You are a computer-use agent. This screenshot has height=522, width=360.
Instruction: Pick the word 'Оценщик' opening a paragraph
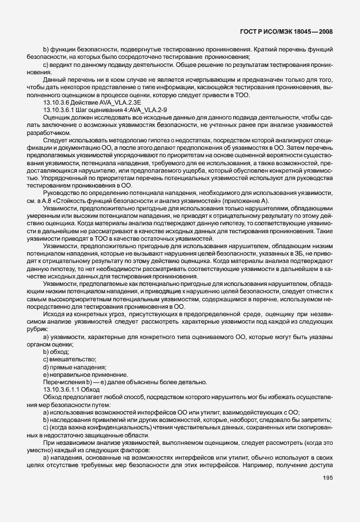(57, 115)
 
